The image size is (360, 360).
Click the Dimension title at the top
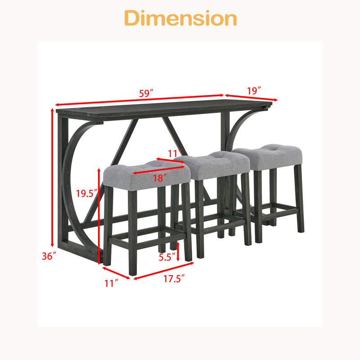point(180,18)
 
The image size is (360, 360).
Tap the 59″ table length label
point(146,94)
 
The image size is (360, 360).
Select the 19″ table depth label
point(254,91)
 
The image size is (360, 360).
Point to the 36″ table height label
point(49,256)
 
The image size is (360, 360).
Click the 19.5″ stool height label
point(87,193)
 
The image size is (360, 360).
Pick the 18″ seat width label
point(160,178)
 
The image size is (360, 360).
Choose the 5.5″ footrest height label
point(167,257)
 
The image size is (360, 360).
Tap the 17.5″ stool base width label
point(174,279)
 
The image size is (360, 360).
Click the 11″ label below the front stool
point(112,283)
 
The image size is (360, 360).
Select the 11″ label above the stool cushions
point(175,153)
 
